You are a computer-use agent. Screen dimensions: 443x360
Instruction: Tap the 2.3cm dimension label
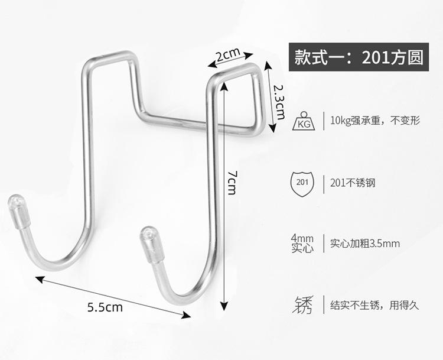[279, 102]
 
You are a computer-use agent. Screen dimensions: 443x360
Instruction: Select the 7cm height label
[232, 183]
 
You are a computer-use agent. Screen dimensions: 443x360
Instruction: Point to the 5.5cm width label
[105, 307]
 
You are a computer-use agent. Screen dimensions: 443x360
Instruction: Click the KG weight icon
[304, 121]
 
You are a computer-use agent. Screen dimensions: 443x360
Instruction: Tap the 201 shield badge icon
[302, 184]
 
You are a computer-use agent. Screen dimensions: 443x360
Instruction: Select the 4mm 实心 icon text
[302, 244]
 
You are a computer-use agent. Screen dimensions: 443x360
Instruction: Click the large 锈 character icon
[302, 305]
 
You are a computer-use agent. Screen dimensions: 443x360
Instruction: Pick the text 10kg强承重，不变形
[375, 121]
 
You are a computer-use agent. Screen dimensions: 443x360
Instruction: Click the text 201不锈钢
[353, 183]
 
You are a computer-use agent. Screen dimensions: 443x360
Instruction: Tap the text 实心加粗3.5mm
[365, 244]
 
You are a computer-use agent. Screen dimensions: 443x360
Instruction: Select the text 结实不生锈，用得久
[374, 305]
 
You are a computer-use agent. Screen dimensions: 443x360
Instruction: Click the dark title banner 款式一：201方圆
[359, 57]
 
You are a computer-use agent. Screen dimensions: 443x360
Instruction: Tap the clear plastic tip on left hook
[19, 211]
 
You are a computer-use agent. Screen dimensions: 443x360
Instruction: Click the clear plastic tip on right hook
[152, 244]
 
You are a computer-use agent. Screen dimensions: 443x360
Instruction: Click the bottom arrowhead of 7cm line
[224, 306]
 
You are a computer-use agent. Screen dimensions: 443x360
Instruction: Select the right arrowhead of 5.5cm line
[186, 314]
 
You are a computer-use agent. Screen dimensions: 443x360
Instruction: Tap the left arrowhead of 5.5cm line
[40, 280]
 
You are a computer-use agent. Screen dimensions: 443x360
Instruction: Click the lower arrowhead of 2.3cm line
[272, 128]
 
